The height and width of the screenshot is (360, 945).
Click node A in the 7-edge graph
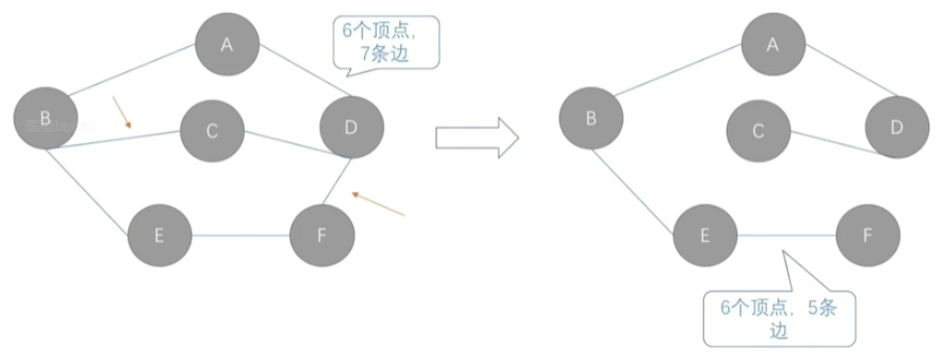[x=227, y=43]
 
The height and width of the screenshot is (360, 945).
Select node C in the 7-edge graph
[x=212, y=130]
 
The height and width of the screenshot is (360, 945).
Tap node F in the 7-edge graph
[x=322, y=236]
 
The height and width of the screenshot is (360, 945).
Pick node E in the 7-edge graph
[x=158, y=236]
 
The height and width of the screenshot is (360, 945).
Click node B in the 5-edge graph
[x=591, y=118]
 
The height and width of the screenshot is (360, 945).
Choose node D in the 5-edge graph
[x=897, y=128]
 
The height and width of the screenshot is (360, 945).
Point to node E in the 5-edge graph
[x=704, y=236]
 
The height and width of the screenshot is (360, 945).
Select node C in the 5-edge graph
[x=758, y=130]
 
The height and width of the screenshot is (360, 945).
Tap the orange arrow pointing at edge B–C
[x=122, y=112]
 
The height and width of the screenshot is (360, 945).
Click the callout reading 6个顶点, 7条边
[x=385, y=41]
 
